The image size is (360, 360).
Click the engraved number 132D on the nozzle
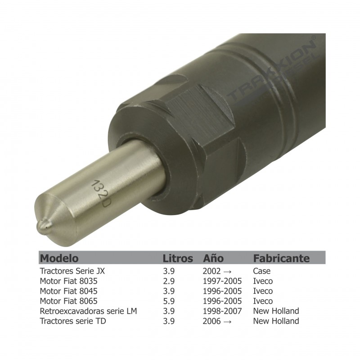pos(100,193)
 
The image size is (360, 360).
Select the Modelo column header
pos(59,258)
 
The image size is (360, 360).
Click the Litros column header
pos(178,258)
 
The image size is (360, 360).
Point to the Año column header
pos(214,258)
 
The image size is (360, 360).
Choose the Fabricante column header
pos(281,258)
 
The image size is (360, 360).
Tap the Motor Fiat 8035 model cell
pos(69,281)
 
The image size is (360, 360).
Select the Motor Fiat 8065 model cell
pos(69,301)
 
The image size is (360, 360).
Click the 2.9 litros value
pos(168,281)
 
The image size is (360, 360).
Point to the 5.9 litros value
pos(168,301)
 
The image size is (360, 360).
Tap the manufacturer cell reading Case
pos(262,271)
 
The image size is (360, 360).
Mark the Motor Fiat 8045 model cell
pos(69,291)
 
